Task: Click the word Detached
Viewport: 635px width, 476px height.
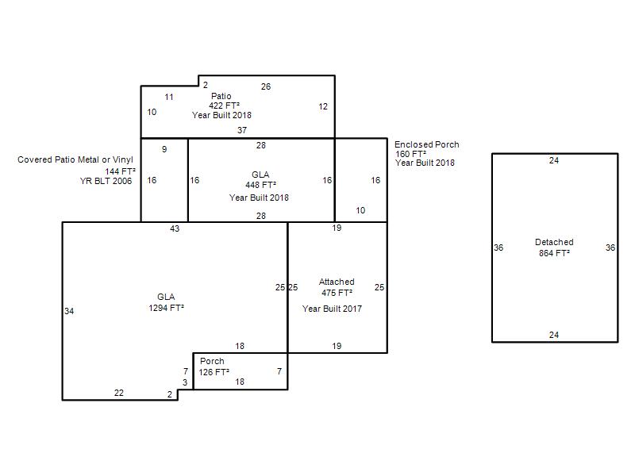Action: click(554, 242)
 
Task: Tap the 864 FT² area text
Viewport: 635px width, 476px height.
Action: click(554, 253)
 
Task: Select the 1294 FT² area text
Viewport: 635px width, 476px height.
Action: click(166, 308)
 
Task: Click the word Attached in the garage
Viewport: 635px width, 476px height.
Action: click(337, 282)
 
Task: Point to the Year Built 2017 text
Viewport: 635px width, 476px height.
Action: click(332, 309)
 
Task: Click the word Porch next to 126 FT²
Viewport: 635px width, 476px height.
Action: click(212, 361)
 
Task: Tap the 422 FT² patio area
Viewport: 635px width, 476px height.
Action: click(224, 106)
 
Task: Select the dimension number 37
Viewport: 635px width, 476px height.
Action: click(242, 130)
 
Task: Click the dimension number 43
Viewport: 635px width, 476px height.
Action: click(175, 228)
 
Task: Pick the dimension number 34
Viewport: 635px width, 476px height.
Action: click(69, 311)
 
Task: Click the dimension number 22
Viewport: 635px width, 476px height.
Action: click(118, 393)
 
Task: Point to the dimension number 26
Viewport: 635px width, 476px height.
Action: click(266, 86)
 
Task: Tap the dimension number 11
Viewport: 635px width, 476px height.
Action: click(169, 97)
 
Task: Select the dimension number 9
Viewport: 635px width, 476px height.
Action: click(164, 149)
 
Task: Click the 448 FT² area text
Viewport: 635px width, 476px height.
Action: click(261, 185)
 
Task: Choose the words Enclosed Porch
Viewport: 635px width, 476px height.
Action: click(427, 144)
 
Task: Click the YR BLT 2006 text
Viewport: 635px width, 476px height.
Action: click(106, 181)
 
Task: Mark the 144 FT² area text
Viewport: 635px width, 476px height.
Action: click(121, 171)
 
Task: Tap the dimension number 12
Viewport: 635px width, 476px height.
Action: click(323, 106)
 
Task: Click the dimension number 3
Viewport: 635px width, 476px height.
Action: click(185, 382)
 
